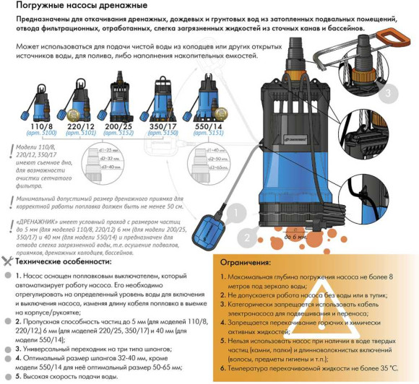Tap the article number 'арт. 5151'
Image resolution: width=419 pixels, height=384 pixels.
coord(209,134)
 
